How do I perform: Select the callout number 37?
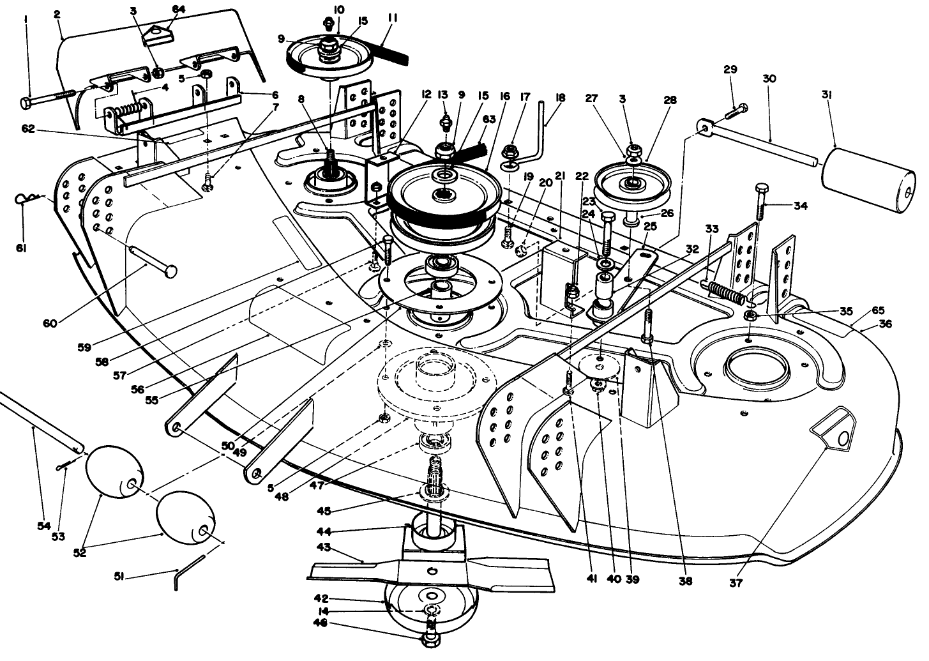[736, 582]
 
